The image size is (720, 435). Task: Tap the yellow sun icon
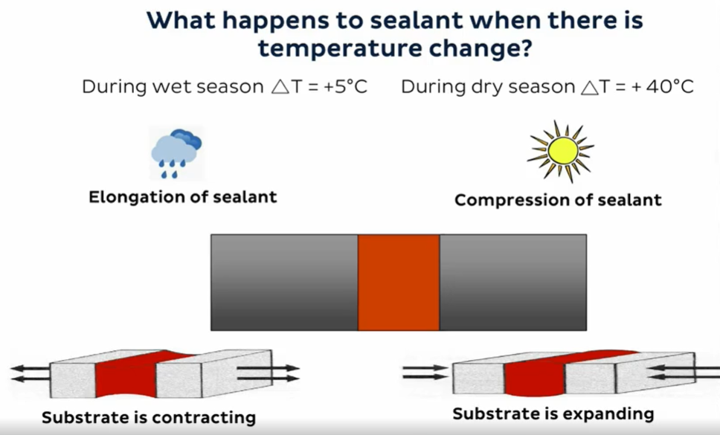(561, 151)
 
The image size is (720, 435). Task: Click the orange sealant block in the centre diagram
(399, 283)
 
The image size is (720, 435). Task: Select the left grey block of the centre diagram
(284, 283)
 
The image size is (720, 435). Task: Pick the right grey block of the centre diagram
(513, 283)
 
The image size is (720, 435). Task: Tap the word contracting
(203, 418)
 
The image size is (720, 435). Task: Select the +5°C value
(345, 86)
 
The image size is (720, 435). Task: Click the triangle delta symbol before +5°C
(279, 87)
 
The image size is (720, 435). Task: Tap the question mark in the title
(525, 48)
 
